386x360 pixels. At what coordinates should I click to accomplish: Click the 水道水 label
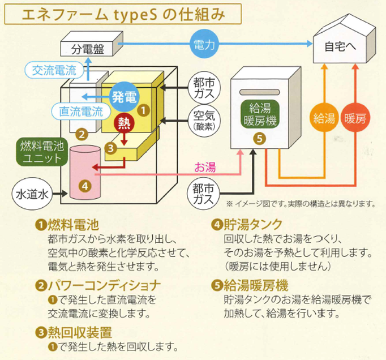(32, 194)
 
